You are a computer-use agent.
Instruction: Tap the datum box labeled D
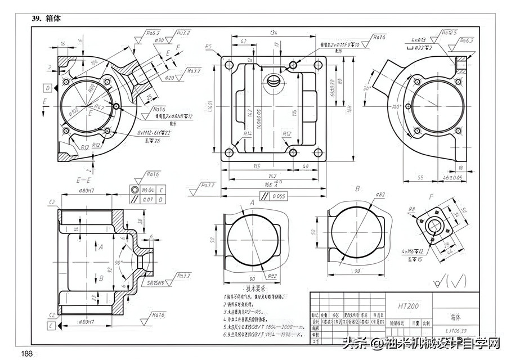[48, 88]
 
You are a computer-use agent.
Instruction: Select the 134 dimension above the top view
[275, 33]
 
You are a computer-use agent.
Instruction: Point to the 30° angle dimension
[366, 88]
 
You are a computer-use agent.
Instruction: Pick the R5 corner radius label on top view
[209, 46]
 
